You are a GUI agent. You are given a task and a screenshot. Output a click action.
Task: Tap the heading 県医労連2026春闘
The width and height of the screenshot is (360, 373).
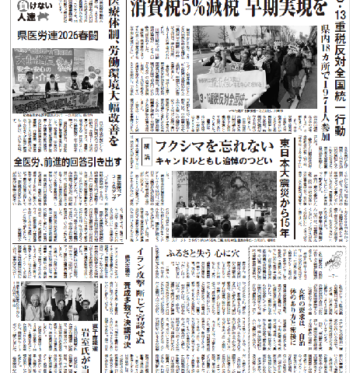click(59, 36)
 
